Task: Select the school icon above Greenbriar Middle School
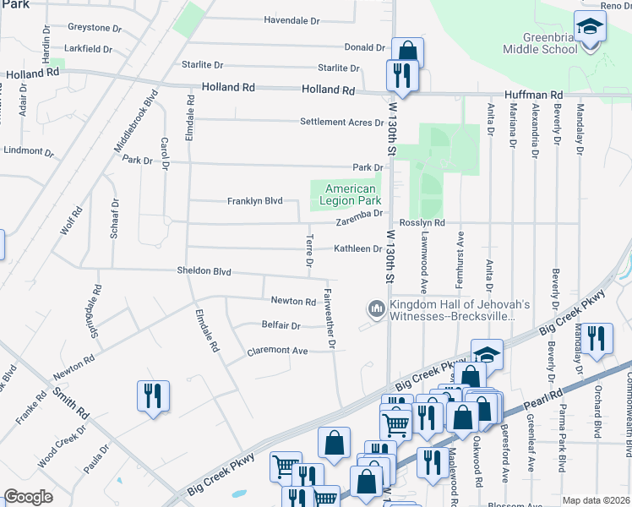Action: tap(590, 27)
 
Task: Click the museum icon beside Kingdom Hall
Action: tap(375, 310)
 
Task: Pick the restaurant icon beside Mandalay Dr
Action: tap(597, 340)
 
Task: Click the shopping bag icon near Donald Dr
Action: tap(406, 52)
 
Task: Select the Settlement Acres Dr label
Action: tap(341, 123)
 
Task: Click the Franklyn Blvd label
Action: tap(254, 201)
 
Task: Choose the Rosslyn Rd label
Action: tap(422, 223)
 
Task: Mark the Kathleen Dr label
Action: tap(357, 248)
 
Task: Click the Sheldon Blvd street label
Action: tap(204, 271)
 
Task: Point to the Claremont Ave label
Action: tap(277, 351)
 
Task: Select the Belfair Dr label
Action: tap(281, 325)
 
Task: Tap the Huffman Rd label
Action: tap(535, 95)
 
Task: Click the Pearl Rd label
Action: tap(548, 396)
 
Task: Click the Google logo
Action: tap(28, 497)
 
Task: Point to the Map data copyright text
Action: tap(597, 500)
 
